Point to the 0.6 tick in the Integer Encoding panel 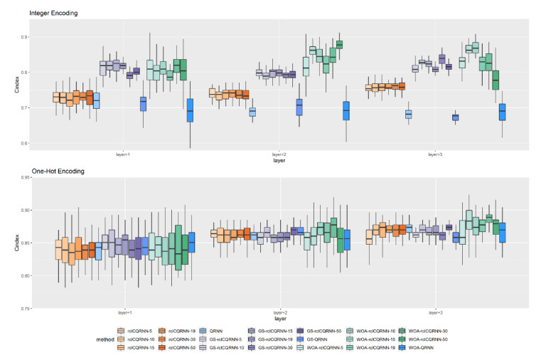pyautogui.click(x=23, y=144)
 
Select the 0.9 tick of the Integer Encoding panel pyautogui.click(x=23, y=37)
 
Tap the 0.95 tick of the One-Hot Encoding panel pyautogui.click(x=22, y=178)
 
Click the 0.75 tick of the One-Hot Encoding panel pyautogui.click(x=22, y=309)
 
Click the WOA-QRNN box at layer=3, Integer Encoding pyautogui.click(x=502, y=112)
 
